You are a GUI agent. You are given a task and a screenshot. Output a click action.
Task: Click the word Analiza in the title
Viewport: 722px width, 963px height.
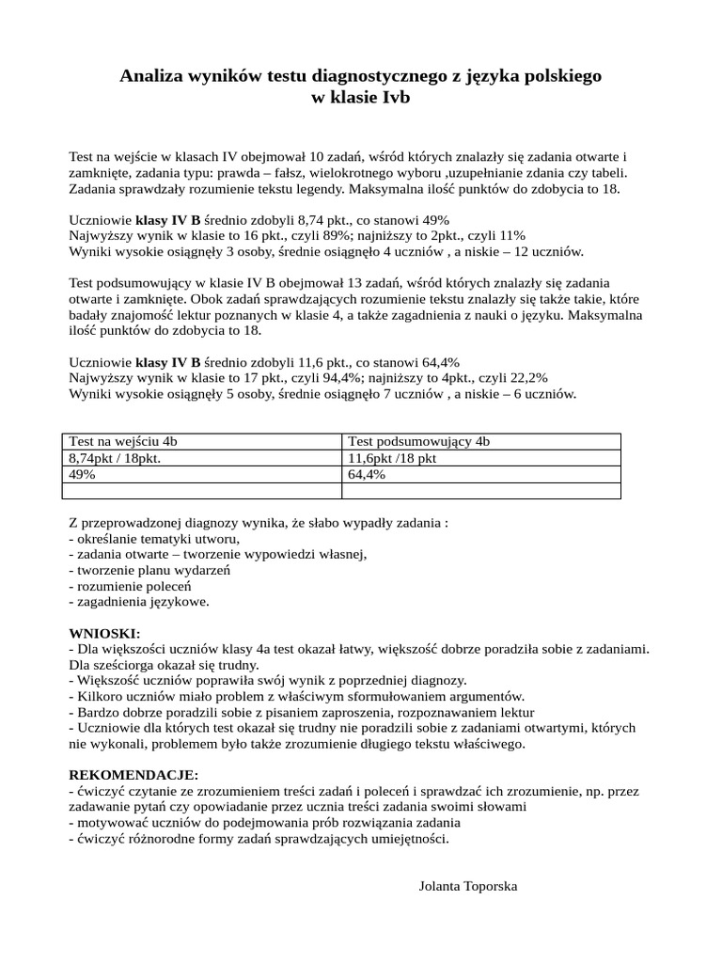151,76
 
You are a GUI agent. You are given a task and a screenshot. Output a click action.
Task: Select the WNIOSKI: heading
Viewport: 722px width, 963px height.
104,634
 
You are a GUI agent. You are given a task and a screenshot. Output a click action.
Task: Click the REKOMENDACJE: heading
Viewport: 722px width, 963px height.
133,774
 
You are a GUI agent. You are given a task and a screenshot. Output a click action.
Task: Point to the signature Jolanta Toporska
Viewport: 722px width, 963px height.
467,886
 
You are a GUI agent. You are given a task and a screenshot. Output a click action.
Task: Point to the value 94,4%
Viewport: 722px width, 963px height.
324,377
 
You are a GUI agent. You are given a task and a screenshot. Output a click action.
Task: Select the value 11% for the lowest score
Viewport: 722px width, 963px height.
510,235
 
